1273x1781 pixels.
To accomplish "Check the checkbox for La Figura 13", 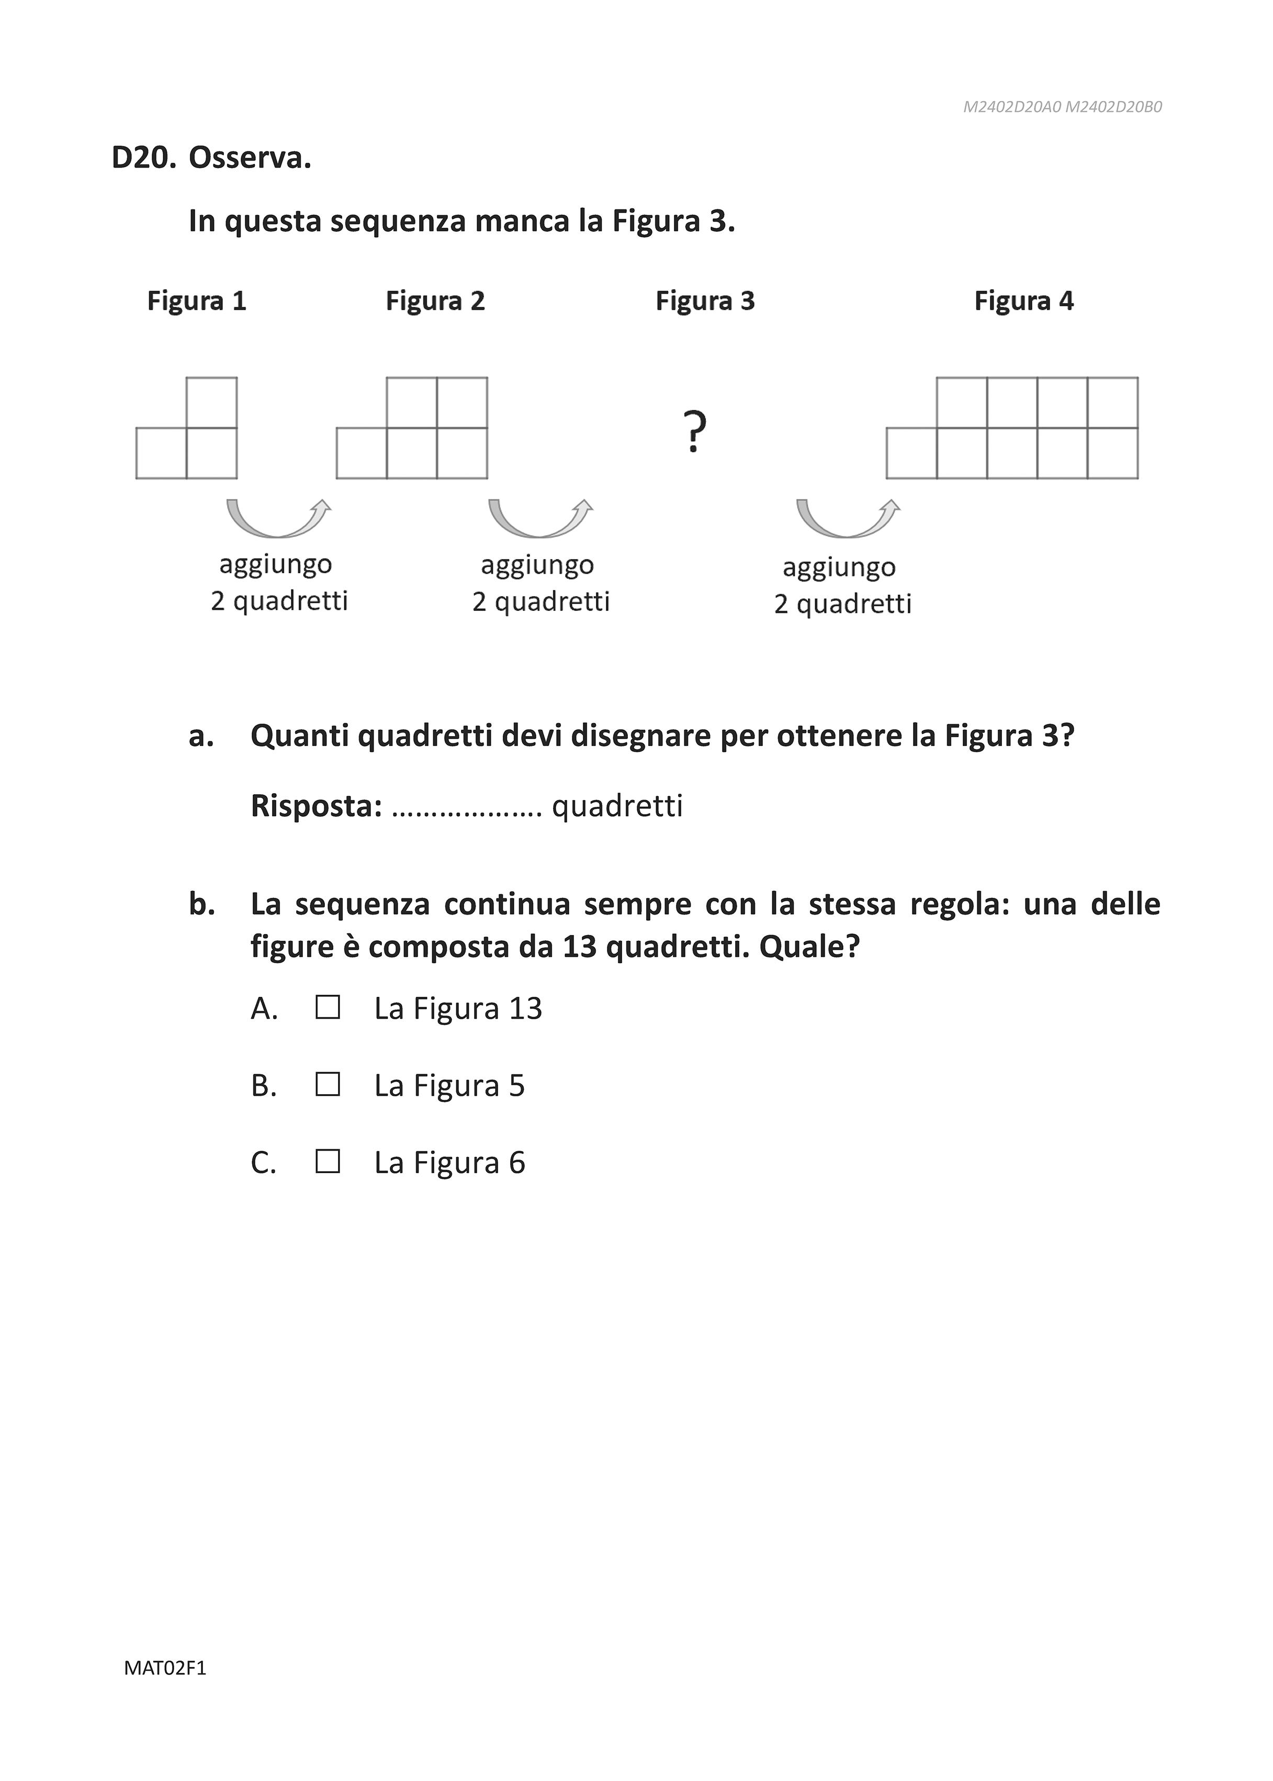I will (x=328, y=1008).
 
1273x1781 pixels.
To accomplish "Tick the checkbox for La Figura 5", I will (x=328, y=1085).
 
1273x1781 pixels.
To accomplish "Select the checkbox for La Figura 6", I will (x=328, y=1162).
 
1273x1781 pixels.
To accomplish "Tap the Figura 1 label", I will (x=197, y=301).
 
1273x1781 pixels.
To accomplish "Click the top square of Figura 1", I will (x=212, y=402).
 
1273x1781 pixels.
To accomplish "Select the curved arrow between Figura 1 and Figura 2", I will (x=278, y=518).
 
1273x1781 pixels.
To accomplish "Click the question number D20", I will (x=143, y=159).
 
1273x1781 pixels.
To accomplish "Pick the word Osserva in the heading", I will (x=249, y=159).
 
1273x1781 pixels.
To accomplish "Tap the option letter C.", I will (x=263, y=1162).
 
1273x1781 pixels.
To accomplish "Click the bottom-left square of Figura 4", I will (x=911, y=453).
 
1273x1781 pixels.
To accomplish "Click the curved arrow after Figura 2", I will (x=540, y=518).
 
